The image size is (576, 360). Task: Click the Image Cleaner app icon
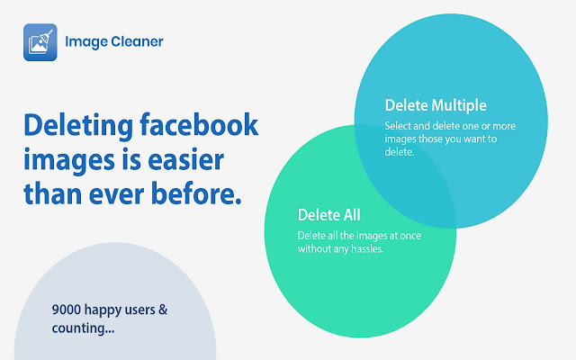click(x=40, y=42)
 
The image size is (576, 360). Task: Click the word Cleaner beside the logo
click(x=137, y=41)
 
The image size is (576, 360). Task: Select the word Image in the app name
click(x=86, y=42)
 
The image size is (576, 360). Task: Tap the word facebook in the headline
click(x=199, y=125)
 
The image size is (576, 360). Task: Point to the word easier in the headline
click(x=186, y=160)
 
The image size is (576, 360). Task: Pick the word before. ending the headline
click(x=196, y=193)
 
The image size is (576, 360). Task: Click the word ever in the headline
click(x=116, y=194)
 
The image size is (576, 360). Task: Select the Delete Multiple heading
click(x=436, y=105)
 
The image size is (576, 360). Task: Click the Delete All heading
click(x=329, y=215)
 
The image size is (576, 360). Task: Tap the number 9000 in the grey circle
click(x=67, y=310)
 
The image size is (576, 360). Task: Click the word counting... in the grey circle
click(x=83, y=328)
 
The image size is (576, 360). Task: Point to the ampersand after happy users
click(x=163, y=310)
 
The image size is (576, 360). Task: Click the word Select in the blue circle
click(x=398, y=126)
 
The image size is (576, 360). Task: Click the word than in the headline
click(x=52, y=193)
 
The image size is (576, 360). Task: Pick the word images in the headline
click(x=69, y=161)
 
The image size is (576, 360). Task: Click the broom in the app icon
click(x=47, y=37)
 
